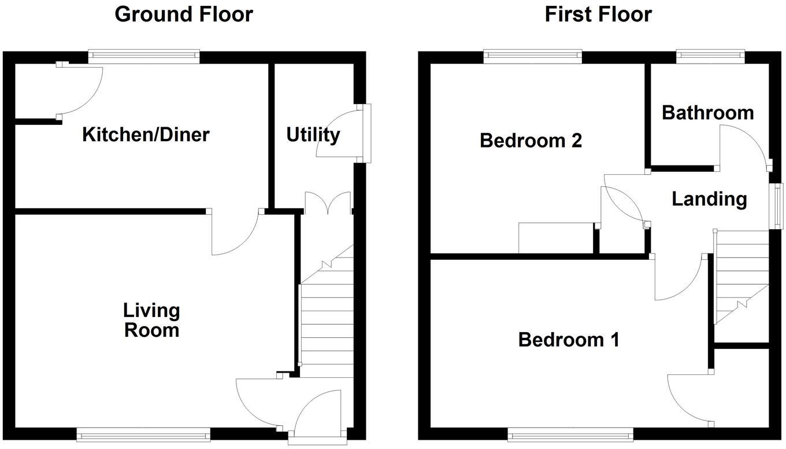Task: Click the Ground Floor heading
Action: [x=183, y=14]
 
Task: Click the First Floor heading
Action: [x=598, y=14]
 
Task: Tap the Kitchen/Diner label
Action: [x=145, y=135]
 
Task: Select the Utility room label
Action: [x=313, y=135]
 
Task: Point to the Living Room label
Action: [x=151, y=320]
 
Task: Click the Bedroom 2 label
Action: [x=531, y=141]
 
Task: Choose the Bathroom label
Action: [x=707, y=112]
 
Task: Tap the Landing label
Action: [x=709, y=199]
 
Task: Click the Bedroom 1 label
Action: [x=569, y=339]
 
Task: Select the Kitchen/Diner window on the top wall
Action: [x=144, y=57]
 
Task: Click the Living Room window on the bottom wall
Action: [x=143, y=434]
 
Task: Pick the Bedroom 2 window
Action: [x=532, y=57]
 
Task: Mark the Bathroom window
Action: [x=710, y=57]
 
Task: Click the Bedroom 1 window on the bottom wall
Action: [x=570, y=434]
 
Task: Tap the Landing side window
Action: [x=778, y=206]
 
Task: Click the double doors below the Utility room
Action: [x=328, y=204]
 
